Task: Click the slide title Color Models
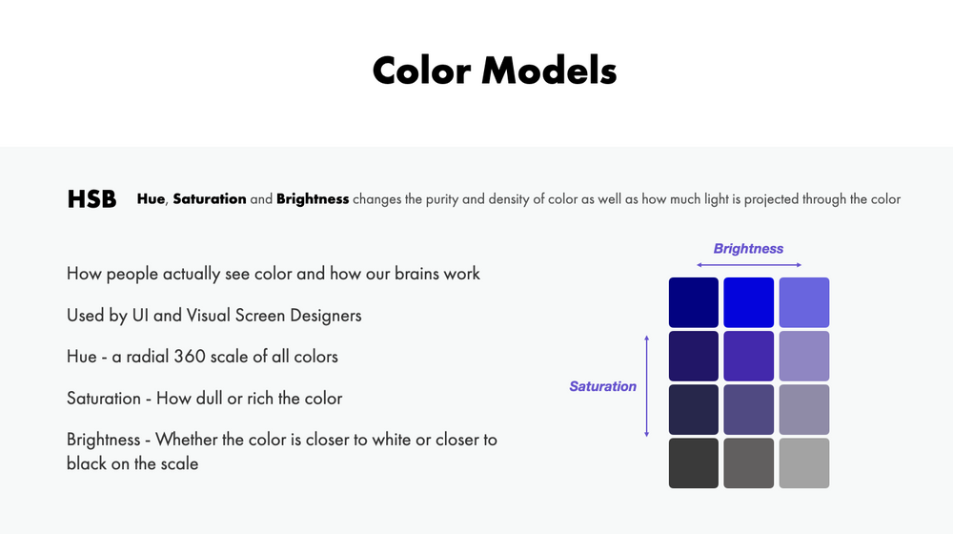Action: [494, 70]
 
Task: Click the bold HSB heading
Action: [91, 199]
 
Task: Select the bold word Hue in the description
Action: [151, 199]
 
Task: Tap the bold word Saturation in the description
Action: [210, 199]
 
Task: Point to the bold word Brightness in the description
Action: [313, 199]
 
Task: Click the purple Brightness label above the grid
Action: [748, 248]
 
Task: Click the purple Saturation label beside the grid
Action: [602, 386]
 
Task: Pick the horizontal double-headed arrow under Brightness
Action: [749, 265]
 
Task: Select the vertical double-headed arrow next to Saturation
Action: [647, 385]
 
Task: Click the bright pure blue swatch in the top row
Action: [749, 302]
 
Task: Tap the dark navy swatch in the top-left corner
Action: [694, 302]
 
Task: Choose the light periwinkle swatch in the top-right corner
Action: [804, 302]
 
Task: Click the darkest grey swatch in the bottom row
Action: [694, 462]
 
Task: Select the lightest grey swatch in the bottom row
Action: [804, 462]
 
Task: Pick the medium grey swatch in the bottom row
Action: [749, 462]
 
